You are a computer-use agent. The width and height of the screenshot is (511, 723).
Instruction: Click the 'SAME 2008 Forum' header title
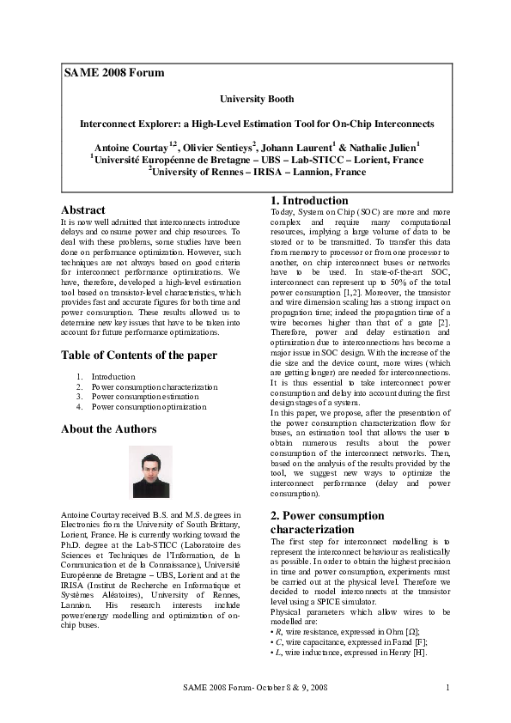[114, 73]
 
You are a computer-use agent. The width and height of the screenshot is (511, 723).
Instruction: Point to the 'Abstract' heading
[83, 210]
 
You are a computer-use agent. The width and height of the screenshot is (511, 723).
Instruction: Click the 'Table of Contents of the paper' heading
[138, 355]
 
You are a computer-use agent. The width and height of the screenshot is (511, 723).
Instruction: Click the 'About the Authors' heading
[109, 428]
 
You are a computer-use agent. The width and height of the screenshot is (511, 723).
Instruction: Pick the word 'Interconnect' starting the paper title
[110, 123]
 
